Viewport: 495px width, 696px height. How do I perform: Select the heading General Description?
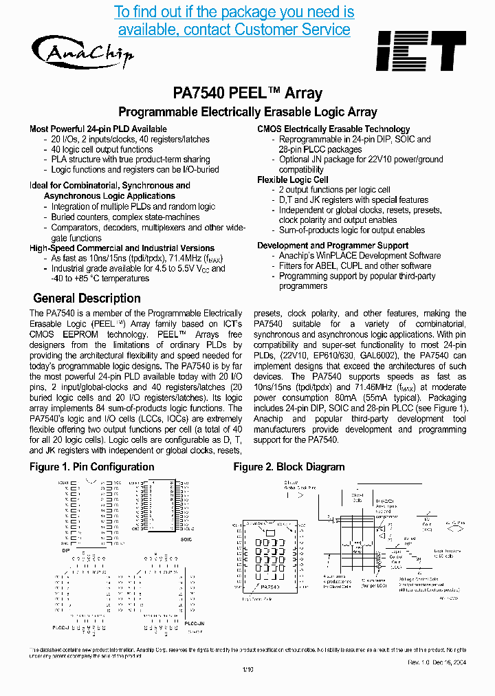tap(87, 298)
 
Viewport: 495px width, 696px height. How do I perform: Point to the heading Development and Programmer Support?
tap(333, 246)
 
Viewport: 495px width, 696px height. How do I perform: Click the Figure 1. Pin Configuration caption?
tap(91, 467)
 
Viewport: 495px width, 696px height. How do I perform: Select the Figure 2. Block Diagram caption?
tap(289, 467)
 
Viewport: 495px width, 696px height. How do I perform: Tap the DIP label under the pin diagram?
tap(67, 550)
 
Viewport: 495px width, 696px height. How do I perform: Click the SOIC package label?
tap(186, 539)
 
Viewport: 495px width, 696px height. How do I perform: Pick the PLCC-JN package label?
tap(195, 622)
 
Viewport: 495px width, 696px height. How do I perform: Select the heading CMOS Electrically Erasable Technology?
tap(333, 129)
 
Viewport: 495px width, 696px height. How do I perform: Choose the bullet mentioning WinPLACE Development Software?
tap(360, 256)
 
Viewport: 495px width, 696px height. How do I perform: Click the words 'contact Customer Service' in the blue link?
tap(234, 30)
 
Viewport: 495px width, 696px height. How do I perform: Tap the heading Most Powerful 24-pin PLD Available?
tap(98, 129)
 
